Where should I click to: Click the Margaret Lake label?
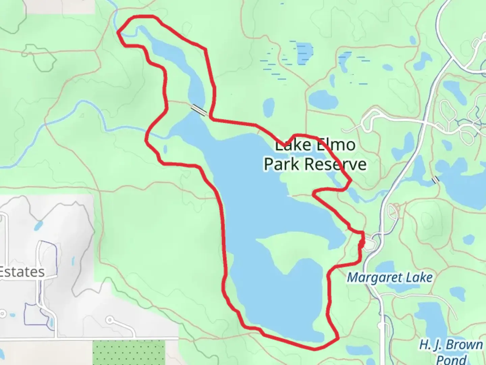[x=390, y=278]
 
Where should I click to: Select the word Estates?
[x=22, y=272]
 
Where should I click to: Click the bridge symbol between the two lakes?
[x=199, y=109]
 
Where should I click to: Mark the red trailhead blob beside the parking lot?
[x=361, y=243]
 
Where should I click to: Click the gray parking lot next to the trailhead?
[x=371, y=244]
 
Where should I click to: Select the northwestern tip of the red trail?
[x=118, y=32]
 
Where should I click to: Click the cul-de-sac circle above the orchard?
[x=110, y=320]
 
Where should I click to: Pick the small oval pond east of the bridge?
[x=268, y=107]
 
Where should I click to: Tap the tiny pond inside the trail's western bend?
[x=165, y=149]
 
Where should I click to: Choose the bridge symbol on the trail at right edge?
[x=436, y=180]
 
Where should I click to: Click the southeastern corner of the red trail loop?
[x=337, y=338]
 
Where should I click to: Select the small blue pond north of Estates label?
[x=38, y=225]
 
